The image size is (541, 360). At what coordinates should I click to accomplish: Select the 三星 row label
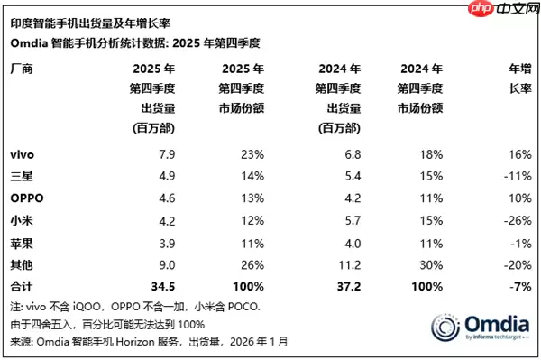(21, 176)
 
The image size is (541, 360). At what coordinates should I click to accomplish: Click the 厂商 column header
(21, 68)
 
